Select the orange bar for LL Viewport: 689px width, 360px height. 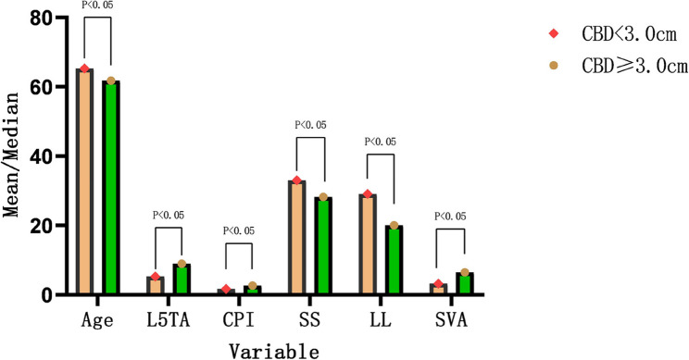368,244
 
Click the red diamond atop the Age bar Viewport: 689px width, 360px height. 84,68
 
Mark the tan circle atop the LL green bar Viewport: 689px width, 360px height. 395,225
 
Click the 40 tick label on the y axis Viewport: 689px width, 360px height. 44,156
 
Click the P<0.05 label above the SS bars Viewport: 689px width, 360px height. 310,125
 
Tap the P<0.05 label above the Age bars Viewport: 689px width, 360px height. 97,4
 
